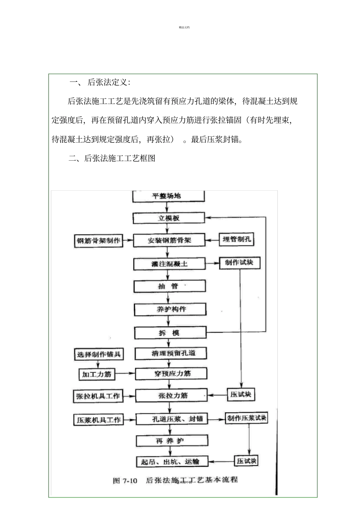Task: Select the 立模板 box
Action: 169,218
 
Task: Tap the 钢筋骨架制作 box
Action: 98,241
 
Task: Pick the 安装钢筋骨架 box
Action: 169,241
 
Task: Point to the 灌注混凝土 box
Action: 169,263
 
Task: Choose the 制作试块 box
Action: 239,263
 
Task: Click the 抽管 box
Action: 169,286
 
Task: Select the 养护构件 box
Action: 170,309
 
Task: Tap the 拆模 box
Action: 170,333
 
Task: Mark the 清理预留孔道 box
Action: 171,353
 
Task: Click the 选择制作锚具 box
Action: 99,355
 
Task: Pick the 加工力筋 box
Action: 97,374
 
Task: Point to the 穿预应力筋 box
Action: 171,374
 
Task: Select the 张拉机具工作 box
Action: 98,396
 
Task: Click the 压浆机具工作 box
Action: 98,420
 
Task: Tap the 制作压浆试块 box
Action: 247,418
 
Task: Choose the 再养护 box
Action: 172,441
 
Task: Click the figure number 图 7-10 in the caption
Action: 125,481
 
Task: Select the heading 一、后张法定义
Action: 100,82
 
